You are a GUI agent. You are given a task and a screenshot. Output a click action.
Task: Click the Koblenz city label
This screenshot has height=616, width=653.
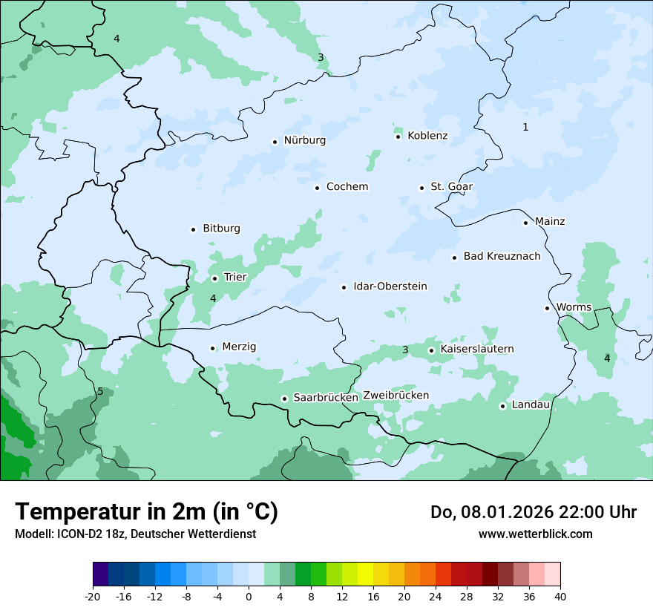point(427,136)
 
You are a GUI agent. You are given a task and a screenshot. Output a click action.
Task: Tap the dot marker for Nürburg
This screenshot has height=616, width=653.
point(275,141)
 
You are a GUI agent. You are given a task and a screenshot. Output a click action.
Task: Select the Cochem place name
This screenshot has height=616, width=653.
point(347,187)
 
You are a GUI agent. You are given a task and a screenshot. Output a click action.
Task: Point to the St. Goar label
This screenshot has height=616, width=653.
point(451,187)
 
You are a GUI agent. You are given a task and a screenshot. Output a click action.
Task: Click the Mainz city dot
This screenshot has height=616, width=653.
point(525,223)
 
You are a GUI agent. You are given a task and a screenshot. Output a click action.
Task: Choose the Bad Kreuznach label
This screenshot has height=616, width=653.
point(502,257)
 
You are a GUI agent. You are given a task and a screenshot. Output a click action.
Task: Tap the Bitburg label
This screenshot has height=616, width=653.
point(221,229)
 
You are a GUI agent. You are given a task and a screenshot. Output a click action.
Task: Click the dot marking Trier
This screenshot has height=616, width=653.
point(214,278)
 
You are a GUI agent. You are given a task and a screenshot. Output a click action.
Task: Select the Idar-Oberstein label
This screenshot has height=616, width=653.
point(390,286)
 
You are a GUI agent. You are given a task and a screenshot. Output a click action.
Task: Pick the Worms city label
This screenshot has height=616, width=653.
point(574,307)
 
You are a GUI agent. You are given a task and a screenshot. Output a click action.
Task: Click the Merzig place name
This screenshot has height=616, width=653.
point(239,347)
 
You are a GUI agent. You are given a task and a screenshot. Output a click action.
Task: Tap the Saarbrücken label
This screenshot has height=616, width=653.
point(326,398)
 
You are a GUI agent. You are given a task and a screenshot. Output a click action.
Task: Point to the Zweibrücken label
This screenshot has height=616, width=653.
point(396,396)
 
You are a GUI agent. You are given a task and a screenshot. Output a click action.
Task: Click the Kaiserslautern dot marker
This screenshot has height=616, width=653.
point(431,350)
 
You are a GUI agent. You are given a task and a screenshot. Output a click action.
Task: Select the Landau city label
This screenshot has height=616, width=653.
point(531,404)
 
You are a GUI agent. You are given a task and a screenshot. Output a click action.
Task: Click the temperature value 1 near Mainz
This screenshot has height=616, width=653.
point(525,128)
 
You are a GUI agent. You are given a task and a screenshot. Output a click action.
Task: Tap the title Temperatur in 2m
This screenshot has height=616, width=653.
point(146,512)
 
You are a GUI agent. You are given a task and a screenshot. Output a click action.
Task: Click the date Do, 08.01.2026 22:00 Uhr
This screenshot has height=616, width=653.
point(533,512)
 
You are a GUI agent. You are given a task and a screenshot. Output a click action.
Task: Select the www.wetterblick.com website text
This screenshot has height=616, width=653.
point(535,534)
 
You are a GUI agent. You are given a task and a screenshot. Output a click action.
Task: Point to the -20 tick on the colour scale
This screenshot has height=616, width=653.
point(93,596)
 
